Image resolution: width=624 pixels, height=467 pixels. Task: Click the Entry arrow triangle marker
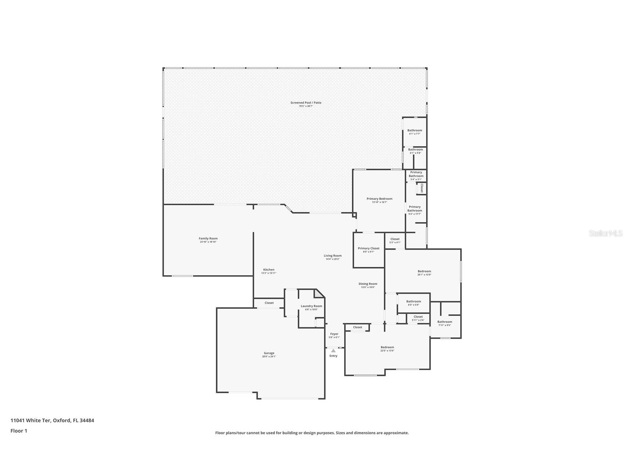(x=333, y=351)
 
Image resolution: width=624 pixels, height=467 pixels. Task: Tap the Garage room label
(x=269, y=353)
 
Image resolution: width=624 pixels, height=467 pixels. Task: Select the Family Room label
(x=208, y=239)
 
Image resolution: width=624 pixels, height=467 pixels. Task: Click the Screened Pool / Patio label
(x=306, y=103)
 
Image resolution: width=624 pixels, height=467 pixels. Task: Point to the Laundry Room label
(x=311, y=306)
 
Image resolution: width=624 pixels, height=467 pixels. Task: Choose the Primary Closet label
(x=368, y=249)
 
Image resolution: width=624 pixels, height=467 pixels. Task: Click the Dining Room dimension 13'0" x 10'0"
(x=368, y=287)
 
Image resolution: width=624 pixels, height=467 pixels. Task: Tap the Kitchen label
(x=268, y=270)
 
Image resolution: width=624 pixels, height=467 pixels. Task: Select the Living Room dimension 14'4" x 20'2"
(x=332, y=259)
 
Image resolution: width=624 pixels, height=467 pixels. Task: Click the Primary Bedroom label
(x=379, y=199)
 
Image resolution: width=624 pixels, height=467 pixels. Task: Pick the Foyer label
(x=334, y=334)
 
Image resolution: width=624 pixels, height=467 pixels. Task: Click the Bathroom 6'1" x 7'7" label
(x=414, y=131)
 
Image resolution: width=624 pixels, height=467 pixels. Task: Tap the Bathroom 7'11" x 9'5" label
(x=445, y=322)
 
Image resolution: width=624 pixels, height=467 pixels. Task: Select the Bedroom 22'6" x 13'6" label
(x=387, y=347)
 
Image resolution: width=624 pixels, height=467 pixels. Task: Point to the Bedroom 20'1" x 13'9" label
(x=424, y=272)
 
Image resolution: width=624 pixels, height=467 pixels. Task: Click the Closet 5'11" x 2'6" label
(x=418, y=317)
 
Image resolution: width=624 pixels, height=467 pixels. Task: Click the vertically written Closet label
(x=422, y=188)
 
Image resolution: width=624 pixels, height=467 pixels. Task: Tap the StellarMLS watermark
(x=605, y=233)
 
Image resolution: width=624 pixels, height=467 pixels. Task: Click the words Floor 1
(x=19, y=431)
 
